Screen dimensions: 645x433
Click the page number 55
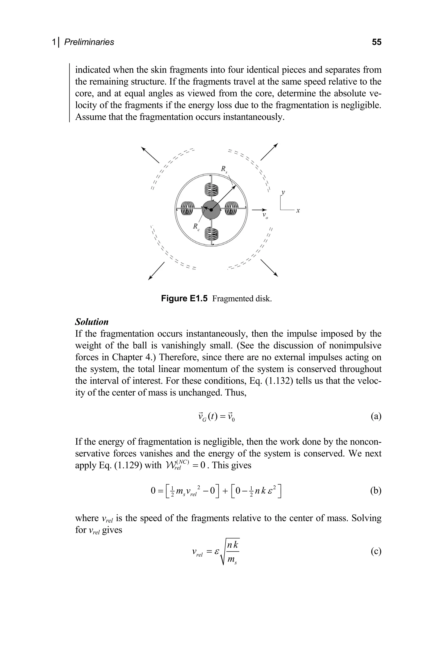click(x=376, y=42)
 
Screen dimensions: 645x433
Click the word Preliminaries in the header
click(x=89, y=42)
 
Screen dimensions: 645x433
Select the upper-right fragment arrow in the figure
click(x=269, y=152)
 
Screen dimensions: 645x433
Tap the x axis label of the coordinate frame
click(x=298, y=211)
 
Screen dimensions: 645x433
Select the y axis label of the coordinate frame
click(x=283, y=192)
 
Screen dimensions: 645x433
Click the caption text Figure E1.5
click(x=184, y=299)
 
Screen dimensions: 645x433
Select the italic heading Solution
click(x=92, y=322)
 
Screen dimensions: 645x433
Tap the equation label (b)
click(x=375, y=490)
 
